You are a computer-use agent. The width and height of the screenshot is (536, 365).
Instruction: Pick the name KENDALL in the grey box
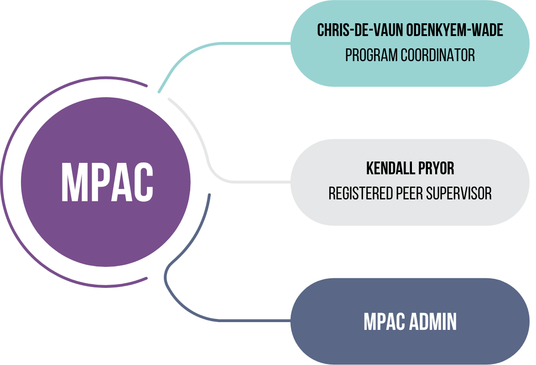coord(388,169)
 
